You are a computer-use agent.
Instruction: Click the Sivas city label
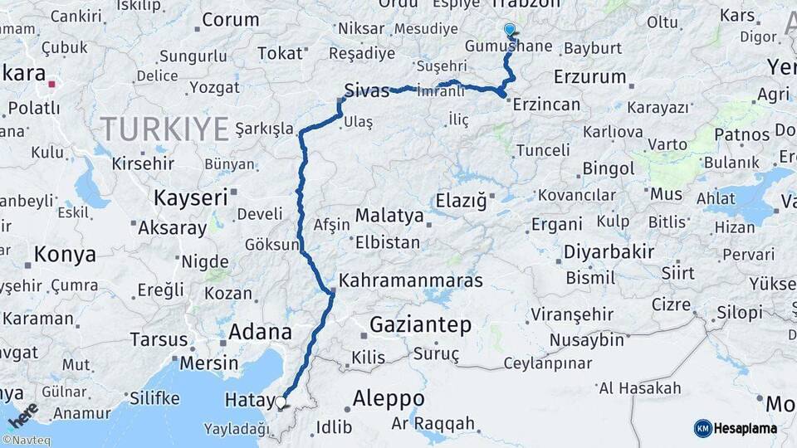coord(367,90)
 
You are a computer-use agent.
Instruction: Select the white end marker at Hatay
coord(281,403)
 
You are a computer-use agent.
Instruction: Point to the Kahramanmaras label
coord(411,280)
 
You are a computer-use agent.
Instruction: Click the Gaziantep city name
coord(420,324)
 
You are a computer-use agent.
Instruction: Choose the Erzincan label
coord(546,105)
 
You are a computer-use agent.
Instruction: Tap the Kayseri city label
coord(190,197)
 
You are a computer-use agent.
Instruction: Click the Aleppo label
coord(388,398)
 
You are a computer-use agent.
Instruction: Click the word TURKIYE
coord(164,129)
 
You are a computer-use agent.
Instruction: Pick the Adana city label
coord(260,333)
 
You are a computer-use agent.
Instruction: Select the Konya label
coord(65,255)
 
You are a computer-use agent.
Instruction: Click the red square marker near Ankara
coord(52,84)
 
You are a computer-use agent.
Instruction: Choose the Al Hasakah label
coord(640,388)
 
